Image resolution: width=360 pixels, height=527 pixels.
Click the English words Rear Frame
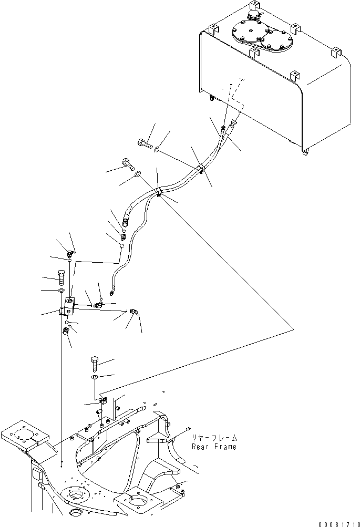click(x=214, y=447)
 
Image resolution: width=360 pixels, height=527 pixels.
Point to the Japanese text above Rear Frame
click(x=214, y=437)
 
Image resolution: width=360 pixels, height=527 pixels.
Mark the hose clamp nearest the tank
click(x=201, y=169)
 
